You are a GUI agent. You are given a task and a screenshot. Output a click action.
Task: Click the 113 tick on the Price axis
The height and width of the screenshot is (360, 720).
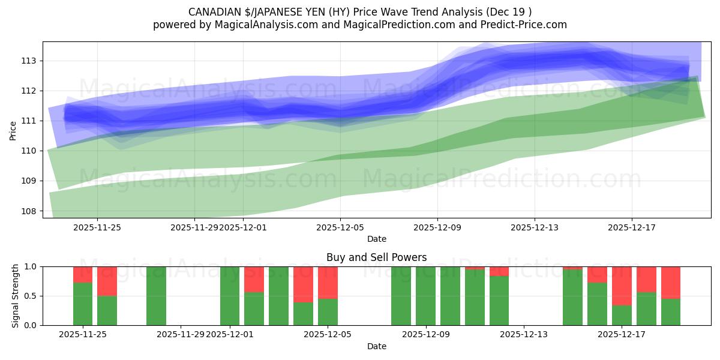point(30,61)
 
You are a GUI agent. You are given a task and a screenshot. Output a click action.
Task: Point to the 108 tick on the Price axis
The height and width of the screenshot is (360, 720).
point(30,211)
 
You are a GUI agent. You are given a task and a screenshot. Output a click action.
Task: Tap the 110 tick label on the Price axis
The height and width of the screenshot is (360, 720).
point(30,151)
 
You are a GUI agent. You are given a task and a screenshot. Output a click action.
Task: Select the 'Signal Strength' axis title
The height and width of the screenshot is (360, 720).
point(16,296)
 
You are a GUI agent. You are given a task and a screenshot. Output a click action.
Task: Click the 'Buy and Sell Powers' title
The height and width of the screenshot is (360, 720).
point(376,257)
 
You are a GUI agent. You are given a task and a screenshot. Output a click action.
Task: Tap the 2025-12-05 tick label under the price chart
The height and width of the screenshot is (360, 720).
point(340,227)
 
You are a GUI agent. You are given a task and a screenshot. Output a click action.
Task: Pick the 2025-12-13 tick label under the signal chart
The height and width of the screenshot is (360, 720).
point(523,334)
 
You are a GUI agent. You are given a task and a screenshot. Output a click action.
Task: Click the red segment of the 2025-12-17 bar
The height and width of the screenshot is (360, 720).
point(622,286)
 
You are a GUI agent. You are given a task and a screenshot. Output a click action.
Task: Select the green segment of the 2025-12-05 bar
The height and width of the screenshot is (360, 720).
point(328,312)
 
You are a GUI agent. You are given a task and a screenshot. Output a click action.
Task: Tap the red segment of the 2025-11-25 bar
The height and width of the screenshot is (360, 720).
point(83,274)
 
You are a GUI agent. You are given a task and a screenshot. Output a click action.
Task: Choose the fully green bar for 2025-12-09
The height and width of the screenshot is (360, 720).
point(425,296)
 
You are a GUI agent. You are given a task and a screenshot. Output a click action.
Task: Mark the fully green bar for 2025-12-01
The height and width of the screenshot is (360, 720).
point(230,296)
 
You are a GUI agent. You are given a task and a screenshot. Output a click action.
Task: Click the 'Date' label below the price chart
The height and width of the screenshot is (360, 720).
point(376,239)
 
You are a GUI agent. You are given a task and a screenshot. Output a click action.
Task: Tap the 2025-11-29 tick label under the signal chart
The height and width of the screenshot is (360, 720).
point(181,334)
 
